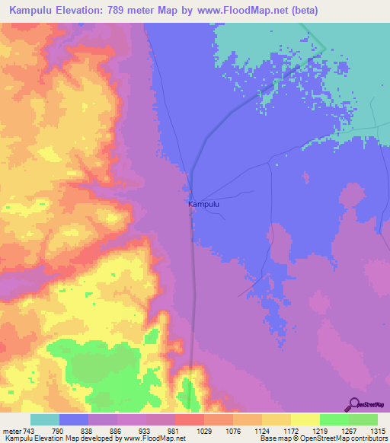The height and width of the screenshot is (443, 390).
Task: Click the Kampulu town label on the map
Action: click(x=203, y=204)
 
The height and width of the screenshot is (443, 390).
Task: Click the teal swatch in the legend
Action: click(x=45, y=419)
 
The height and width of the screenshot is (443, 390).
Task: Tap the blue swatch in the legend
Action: click(x=74, y=419)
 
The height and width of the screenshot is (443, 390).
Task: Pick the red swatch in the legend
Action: click(x=190, y=419)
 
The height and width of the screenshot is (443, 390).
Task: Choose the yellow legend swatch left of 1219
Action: click(x=305, y=419)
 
